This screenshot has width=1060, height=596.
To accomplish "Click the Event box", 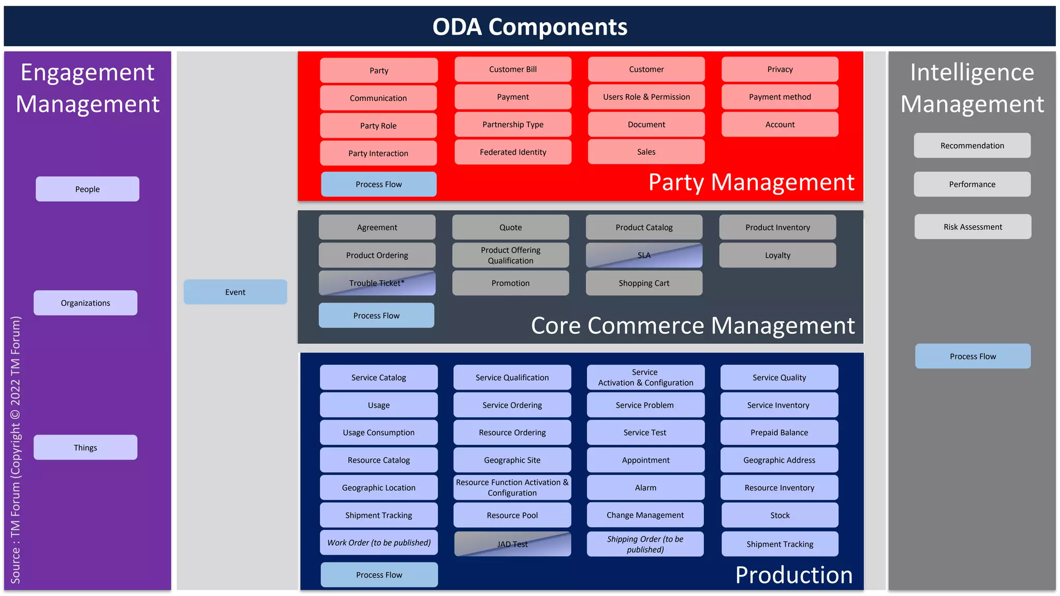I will click(235, 292).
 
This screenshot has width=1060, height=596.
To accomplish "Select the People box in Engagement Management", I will click(87, 189).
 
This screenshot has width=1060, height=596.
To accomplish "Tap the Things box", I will click(85, 448).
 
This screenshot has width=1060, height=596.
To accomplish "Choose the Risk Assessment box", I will click(973, 227).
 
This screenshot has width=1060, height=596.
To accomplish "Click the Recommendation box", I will click(972, 145).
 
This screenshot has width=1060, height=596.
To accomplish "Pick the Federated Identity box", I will click(512, 152).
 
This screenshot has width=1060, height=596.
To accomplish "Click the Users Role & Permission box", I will click(646, 97).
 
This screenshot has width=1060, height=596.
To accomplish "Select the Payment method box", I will click(779, 97).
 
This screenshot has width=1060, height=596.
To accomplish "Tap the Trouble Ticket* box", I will click(377, 283).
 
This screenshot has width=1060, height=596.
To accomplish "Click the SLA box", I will click(644, 255).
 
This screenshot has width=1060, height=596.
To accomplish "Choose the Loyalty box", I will click(777, 255).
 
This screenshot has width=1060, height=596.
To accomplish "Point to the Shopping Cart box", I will click(644, 283).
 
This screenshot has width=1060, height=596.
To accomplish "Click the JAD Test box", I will click(512, 544).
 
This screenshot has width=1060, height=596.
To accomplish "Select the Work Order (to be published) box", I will click(378, 543).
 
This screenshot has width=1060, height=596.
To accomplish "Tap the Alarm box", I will click(645, 487).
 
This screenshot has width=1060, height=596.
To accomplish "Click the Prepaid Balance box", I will click(779, 433).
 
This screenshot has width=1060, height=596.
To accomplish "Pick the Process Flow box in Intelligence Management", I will click(973, 356).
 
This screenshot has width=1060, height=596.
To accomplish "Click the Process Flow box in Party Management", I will click(378, 184).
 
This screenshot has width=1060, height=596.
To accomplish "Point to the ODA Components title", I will click(529, 27).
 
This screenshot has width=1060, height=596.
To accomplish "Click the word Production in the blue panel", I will click(793, 575).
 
